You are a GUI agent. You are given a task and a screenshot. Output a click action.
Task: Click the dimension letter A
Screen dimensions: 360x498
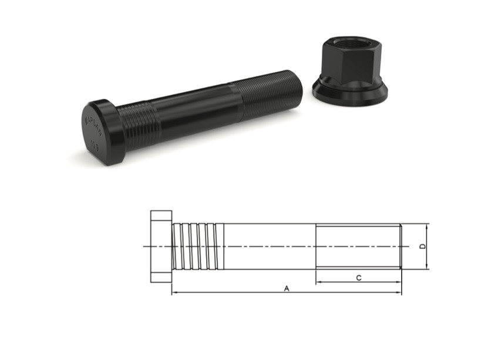tap(287, 288)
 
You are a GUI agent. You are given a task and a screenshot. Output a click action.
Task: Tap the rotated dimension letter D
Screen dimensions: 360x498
tap(422, 247)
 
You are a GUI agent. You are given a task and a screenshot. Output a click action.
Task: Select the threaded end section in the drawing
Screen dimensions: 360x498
tap(358, 247)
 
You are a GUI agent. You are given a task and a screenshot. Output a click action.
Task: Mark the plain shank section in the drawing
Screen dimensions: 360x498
tap(270, 247)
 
